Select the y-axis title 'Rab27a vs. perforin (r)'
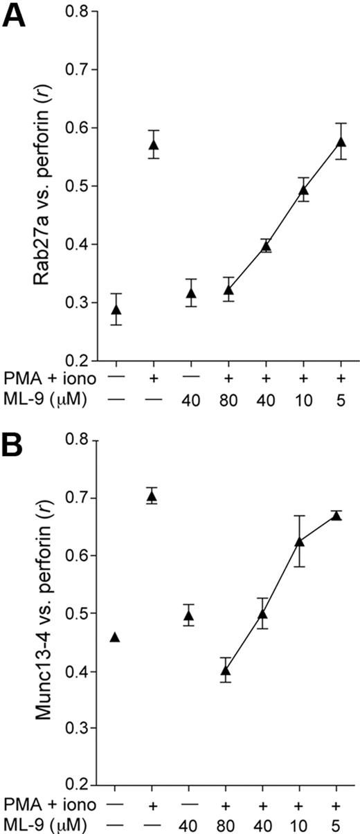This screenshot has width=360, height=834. click(x=44, y=188)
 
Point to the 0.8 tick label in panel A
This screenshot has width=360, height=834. click(x=74, y=12)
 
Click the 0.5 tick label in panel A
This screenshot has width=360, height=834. click(x=74, y=186)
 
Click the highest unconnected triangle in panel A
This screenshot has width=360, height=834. click(x=153, y=145)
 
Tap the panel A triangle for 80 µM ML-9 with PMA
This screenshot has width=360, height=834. click(x=228, y=290)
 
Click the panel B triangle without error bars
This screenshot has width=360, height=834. click(x=116, y=637)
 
